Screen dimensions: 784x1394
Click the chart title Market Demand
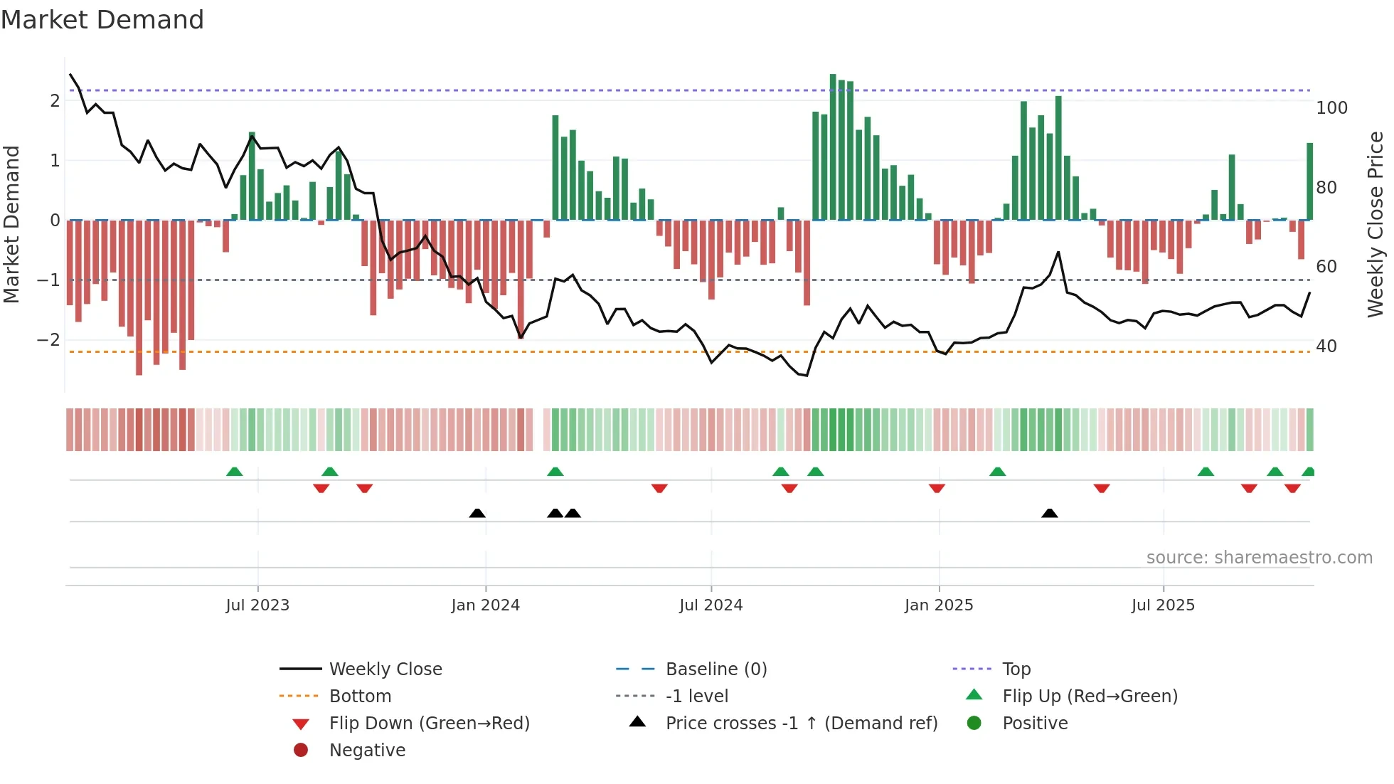point(102,20)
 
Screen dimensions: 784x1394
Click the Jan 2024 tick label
point(485,605)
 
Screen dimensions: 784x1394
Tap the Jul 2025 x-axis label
point(1163,605)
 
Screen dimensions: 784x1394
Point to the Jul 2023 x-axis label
point(257,605)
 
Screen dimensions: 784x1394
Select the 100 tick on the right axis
point(1331,108)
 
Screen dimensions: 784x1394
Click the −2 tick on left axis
point(48,339)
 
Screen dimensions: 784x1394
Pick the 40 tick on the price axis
point(1326,346)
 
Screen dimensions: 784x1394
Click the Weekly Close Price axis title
point(1376,224)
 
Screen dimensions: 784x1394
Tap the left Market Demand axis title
point(11,224)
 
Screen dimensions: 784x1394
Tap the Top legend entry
point(1016,669)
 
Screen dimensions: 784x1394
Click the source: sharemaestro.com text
point(1259,558)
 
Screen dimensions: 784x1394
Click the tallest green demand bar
point(833,146)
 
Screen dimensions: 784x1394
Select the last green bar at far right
point(1309,181)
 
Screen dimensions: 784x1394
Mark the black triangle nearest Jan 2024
point(477,513)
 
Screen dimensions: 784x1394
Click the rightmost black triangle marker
point(1049,513)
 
